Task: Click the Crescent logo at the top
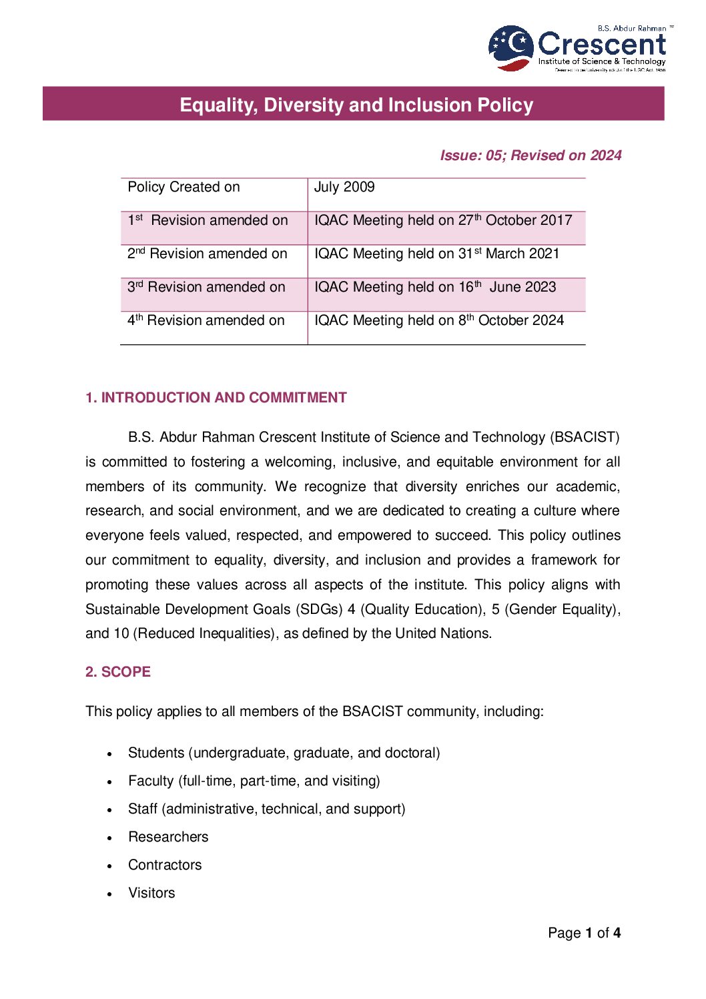coord(578,48)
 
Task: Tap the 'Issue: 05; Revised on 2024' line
coord(531,155)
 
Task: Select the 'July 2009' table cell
coord(344,188)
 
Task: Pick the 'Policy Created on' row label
coord(184,188)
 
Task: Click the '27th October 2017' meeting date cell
coord(443,221)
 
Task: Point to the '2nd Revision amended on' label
coord(207,254)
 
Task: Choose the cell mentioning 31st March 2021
coord(436,254)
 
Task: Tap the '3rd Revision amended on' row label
coord(206,288)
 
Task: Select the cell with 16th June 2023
coord(435,288)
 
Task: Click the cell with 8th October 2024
coord(439,321)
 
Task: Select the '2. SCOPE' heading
coord(118,672)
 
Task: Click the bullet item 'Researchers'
coord(168,837)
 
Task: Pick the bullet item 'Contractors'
coord(165,865)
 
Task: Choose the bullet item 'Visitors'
coord(151,893)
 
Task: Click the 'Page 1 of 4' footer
coord(584,933)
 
